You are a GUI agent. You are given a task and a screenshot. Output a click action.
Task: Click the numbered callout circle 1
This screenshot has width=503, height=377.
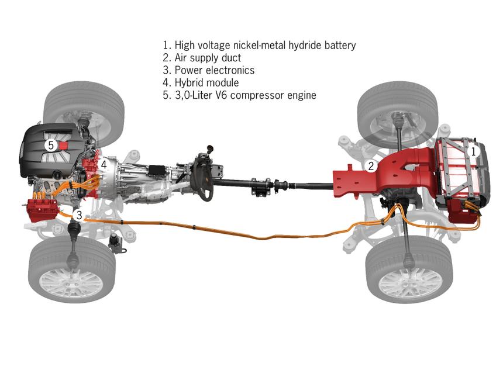pos(473,151)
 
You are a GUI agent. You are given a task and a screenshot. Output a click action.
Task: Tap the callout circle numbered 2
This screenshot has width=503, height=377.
pos(371,166)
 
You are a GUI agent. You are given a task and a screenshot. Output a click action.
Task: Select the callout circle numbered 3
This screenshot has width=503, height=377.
pos(79,215)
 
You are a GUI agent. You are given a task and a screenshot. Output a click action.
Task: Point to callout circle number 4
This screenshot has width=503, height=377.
pos(104,165)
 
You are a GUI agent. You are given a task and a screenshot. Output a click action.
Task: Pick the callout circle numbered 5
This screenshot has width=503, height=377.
pos(51,146)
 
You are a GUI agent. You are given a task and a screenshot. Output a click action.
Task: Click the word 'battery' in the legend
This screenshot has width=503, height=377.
pos(340,45)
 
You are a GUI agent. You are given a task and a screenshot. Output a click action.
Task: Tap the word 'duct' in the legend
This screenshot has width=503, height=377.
pos(231,58)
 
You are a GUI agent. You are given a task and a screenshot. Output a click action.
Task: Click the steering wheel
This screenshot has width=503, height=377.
pos(201,177)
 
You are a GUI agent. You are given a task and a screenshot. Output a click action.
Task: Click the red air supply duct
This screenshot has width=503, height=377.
pos(385,175)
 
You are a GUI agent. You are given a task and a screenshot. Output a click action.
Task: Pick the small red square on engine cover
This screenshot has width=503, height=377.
pos(64,146)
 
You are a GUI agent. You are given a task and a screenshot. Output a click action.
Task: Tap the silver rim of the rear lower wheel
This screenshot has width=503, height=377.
pos(410,283)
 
